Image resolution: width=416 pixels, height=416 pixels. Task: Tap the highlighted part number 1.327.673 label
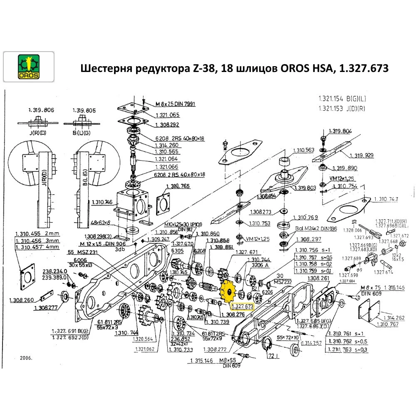(x=242, y=307)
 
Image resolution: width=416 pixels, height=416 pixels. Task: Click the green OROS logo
(x=28, y=67)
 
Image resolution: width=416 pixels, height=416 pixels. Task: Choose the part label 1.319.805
(x=84, y=110)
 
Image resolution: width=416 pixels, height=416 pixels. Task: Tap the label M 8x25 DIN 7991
(x=175, y=104)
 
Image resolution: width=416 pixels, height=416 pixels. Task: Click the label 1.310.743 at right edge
(x=386, y=199)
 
